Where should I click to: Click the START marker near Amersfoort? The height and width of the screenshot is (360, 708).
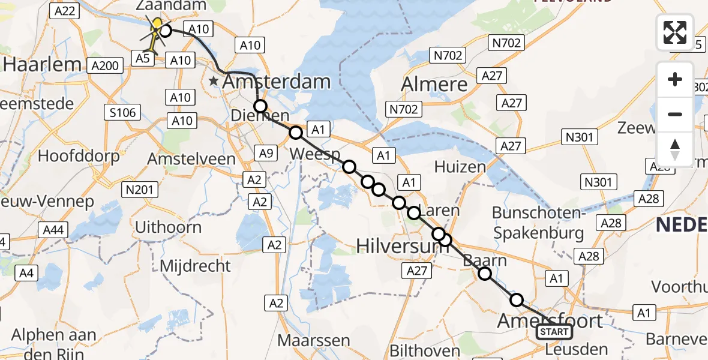click(x=554, y=332)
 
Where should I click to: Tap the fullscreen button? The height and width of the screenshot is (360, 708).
click(x=675, y=32)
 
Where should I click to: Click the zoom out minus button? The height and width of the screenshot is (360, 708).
click(x=675, y=114)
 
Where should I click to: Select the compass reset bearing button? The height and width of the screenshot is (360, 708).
click(x=675, y=149)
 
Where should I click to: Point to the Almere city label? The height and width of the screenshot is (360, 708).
click(x=435, y=83)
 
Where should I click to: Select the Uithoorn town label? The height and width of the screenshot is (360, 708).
click(x=169, y=227)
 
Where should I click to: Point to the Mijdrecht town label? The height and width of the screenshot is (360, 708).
click(x=196, y=265)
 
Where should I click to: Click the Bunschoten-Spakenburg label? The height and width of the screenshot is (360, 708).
click(x=538, y=223)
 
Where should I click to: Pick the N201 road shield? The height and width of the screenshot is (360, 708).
click(x=139, y=190)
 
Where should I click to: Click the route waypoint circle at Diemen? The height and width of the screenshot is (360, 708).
click(x=260, y=107)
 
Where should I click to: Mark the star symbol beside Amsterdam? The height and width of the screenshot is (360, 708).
click(x=213, y=80)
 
